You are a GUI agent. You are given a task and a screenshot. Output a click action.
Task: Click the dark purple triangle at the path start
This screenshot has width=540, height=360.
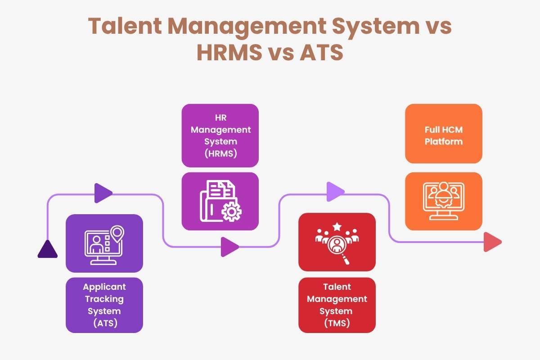(47, 250)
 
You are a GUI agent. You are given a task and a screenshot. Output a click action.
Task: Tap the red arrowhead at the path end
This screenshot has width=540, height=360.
(492, 242)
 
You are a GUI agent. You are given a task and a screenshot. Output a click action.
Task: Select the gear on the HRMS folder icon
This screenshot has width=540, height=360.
(232, 211)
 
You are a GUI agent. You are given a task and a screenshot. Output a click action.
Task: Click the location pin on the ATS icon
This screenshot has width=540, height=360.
(117, 233)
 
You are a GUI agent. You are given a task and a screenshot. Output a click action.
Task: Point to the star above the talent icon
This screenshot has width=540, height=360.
(337, 226)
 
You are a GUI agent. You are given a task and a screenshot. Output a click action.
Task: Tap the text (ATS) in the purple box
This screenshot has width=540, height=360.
(104, 323)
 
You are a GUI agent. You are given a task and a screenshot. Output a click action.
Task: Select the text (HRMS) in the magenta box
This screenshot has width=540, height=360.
(220, 153)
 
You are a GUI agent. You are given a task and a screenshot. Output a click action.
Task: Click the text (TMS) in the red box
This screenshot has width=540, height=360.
(337, 323)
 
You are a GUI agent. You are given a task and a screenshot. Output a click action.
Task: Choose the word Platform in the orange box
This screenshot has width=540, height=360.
(444, 141)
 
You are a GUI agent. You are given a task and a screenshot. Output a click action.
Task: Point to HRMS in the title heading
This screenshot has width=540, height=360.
(228, 52)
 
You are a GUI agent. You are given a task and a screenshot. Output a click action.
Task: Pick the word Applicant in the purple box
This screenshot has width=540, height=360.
(104, 287)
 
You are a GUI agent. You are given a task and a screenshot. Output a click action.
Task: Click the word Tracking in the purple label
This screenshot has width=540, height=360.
(104, 298)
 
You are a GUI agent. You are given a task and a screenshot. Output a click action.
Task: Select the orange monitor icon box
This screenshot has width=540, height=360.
(443, 201)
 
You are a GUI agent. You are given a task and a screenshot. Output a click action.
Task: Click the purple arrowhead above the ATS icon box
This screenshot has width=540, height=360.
(103, 193)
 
